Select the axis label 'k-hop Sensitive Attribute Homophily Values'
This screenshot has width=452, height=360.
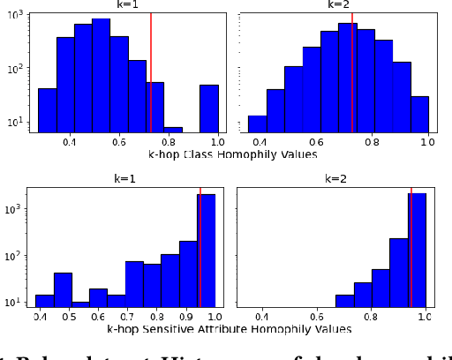click(230, 329)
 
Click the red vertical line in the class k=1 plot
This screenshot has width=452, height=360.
click(151, 71)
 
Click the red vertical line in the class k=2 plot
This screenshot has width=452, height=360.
click(353, 71)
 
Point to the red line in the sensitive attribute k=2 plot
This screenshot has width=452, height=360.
click(411, 247)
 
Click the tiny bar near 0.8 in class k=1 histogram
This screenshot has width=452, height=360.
click(173, 130)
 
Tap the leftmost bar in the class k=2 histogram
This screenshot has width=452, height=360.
click(257, 124)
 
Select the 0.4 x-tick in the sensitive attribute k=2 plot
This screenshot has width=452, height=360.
click(262, 316)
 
